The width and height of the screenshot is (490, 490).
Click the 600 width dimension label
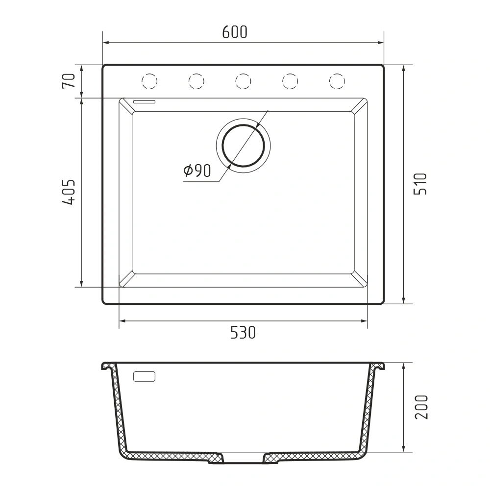[x=235, y=32]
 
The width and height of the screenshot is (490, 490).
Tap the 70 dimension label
[x=69, y=81]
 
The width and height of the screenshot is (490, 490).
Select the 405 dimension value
[x=69, y=192]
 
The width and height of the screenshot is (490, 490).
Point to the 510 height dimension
[x=420, y=184]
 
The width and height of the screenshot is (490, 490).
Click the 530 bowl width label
[x=243, y=333]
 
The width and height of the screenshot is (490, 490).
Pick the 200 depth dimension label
[x=421, y=407]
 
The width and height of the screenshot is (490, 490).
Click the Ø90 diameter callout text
[x=197, y=171]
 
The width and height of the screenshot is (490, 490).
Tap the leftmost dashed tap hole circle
[x=149, y=81]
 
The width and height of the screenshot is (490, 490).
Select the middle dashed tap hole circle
[x=243, y=81]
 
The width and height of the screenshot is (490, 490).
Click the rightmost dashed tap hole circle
[x=337, y=81]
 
